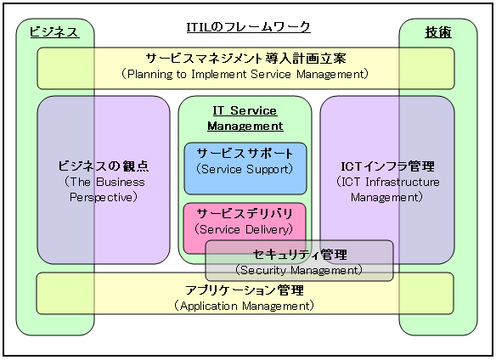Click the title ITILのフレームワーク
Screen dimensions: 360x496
pyautogui.click(x=248, y=28)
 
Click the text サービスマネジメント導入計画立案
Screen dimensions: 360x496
pyautogui.click(x=245, y=59)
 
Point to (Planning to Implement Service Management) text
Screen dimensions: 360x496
pyautogui.click(x=245, y=74)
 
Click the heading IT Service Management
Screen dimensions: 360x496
pyautogui.click(x=245, y=118)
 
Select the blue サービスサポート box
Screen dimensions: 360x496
pyautogui.click(x=245, y=168)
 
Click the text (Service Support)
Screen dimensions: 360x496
pyautogui.click(x=245, y=169)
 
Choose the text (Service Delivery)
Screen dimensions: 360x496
pyautogui.click(x=245, y=229)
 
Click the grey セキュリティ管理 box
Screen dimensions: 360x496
pyautogui.click(x=299, y=261)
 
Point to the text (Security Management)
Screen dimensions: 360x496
pyautogui.click(x=299, y=271)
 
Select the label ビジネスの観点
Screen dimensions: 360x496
pyautogui.click(x=104, y=166)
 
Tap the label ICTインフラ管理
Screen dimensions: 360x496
pyautogui.click(x=386, y=166)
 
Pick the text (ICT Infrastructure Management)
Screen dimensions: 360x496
pyautogui.click(x=387, y=189)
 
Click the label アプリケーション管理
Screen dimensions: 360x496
pyautogui.click(x=245, y=290)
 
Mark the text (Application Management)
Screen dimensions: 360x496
pyautogui.click(x=245, y=305)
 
